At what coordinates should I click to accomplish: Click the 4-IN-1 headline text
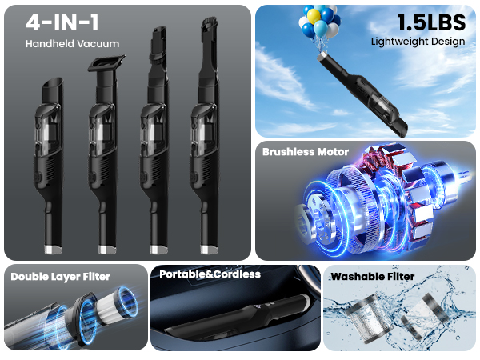click(62, 22)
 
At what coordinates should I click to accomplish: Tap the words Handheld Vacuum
click(72, 44)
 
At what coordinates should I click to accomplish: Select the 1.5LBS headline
click(431, 22)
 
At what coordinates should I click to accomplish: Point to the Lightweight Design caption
click(418, 42)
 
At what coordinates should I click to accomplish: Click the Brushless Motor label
click(306, 152)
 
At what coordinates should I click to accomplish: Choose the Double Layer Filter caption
click(60, 277)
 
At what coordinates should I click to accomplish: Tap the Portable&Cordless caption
click(210, 274)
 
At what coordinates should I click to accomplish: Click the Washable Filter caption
click(373, 277)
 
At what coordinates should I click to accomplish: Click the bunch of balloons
click(319, 22)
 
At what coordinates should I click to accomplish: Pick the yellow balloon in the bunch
click(314, 16)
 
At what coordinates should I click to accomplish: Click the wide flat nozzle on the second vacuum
click(106, 63)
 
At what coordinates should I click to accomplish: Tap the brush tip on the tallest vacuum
click(209, 25)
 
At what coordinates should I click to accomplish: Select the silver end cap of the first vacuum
click(54, 250)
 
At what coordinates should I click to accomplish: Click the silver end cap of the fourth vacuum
click(209, 249)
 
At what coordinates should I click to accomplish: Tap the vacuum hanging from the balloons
click(362, 94)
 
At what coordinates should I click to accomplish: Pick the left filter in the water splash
click(370, 318)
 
